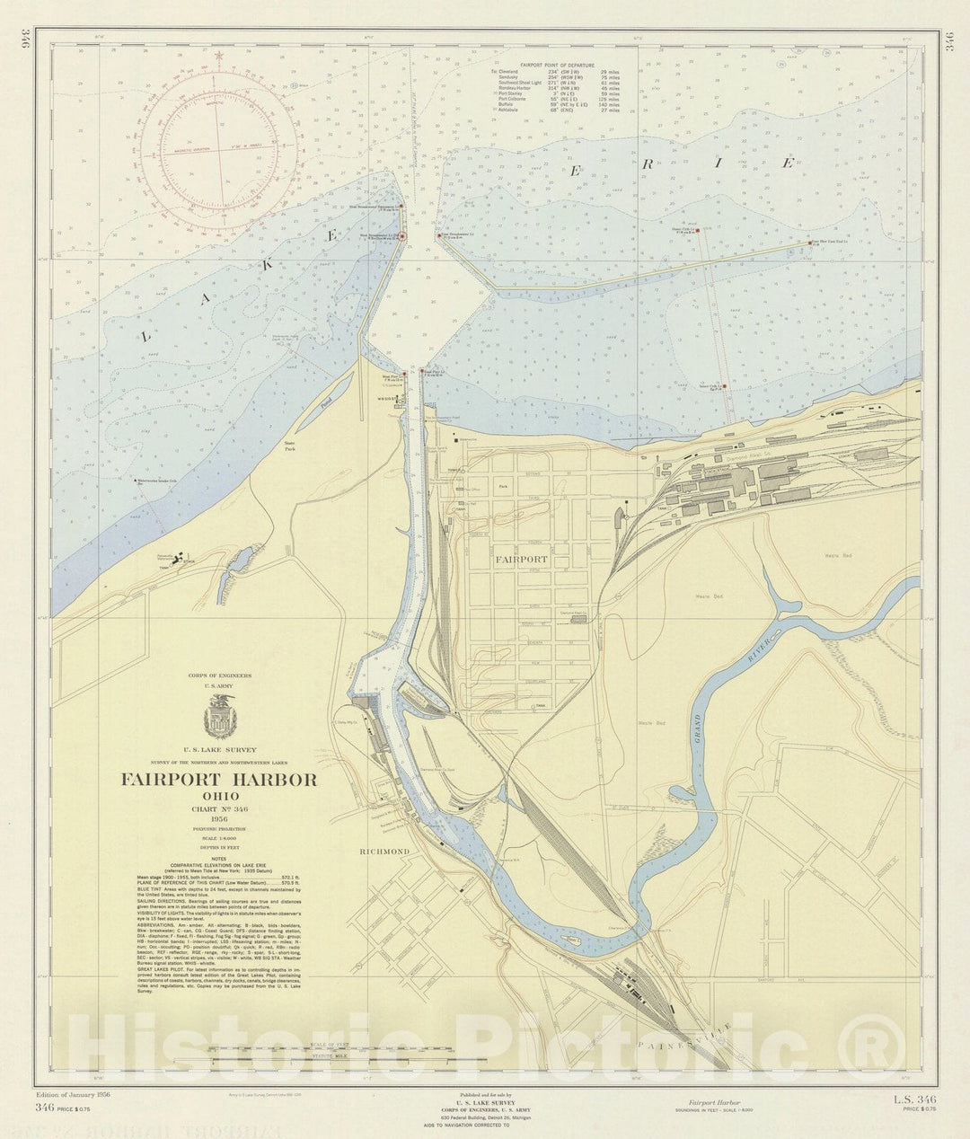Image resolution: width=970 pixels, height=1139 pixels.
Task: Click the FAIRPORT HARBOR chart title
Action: click(219, 780)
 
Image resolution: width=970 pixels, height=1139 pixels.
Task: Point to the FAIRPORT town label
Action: click(520, 559)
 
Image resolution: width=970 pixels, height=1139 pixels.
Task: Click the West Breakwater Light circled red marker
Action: click(401, 237)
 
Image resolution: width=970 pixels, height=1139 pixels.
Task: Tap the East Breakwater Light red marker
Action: click(438, 237)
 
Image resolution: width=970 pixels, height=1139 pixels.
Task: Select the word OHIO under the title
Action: click(219, 796)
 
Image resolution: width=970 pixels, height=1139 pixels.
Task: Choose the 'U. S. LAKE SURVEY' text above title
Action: click(219, 749)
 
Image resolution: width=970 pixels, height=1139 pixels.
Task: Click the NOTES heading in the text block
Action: click(219, 859)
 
